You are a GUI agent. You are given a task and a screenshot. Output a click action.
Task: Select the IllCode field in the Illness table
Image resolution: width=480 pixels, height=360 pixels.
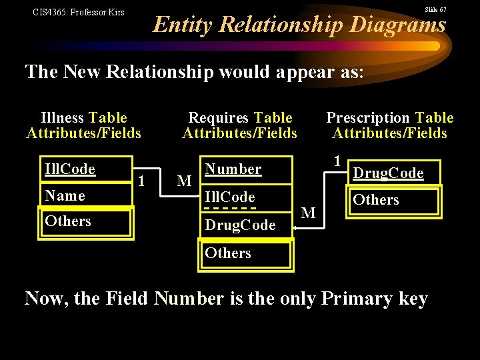pyautogui.click(x=69, y=169)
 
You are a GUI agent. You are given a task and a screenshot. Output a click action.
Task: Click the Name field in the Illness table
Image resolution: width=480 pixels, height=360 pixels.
pyautogui.click(x=65, y=196)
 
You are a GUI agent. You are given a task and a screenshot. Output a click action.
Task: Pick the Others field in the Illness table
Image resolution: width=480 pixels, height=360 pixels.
pyautogui.click(x=68, y=221)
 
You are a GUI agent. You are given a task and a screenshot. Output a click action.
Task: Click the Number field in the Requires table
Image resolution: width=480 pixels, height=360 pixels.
pyautogui.click(x=233, y=169)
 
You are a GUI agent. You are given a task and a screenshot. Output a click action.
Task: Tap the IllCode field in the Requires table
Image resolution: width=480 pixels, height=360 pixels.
pyautogui.click(x=230, y=197)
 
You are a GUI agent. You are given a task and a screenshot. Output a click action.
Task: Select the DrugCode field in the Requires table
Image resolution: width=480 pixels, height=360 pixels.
pyautogui.click(x=240, y=225)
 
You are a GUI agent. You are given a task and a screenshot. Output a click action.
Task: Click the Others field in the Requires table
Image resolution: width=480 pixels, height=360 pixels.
pyautogui.click(x=228, y=253)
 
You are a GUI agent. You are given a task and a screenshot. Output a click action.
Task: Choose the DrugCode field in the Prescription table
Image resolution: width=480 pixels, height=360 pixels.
pyautogui.click(x=388, y=173)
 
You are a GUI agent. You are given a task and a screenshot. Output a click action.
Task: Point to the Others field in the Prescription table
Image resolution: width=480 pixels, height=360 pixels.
pyautogui.click(x=376, y=200)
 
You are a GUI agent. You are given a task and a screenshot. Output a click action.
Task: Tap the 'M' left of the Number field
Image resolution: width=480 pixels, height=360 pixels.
pyautogui.click(x=185, y=181)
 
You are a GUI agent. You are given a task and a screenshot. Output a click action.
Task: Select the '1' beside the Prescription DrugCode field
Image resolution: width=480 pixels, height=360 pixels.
pyautogui.click(x=337, y=161)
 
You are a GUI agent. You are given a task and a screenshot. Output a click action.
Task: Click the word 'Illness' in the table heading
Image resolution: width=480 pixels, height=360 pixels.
pyautogui.click(x=62, y=118)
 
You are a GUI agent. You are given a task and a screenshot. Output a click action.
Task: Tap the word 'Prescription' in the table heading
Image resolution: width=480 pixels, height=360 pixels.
pyautogui.click(x=368, y=118)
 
